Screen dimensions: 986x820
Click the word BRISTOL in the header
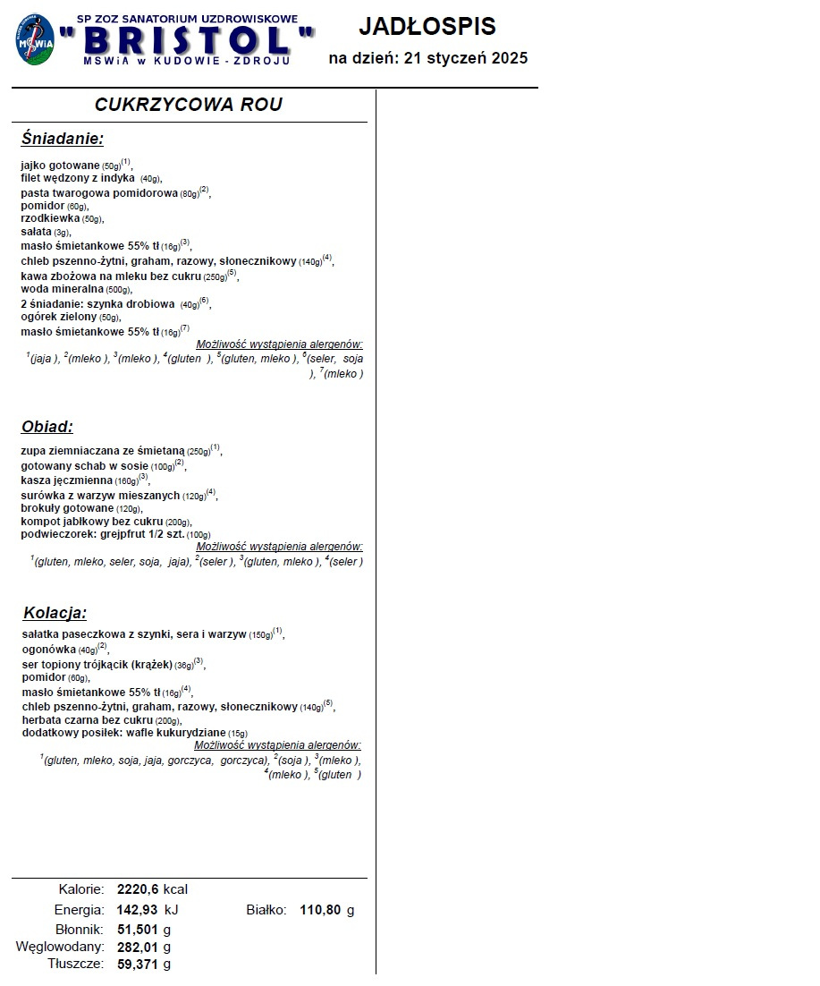[x=187, y=39]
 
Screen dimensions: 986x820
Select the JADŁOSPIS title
[x=427, y=26]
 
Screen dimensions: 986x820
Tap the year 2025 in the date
[x=508, y=58]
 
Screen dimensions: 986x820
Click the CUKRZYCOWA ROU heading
[x=189, y=105]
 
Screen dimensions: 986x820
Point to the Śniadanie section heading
[x=63, y=139]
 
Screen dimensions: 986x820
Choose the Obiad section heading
[x=47, y=427]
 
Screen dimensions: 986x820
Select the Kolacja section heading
[x=55, y=613]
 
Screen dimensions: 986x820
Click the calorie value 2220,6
[x=138, y=889]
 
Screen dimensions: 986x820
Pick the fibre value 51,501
[x=138, y=929]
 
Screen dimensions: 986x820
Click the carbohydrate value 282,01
[x=138, y=947]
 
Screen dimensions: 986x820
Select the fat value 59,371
[x=138, y=964]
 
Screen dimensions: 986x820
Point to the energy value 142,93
[x=138, y=910]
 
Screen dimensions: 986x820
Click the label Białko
[x=266, y=910]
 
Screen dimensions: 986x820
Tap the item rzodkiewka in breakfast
[x=50, y=218]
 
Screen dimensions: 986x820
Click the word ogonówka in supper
[x=48, y=650]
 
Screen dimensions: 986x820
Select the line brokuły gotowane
[x=67, y=508]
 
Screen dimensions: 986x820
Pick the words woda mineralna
[x=62, y=290]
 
